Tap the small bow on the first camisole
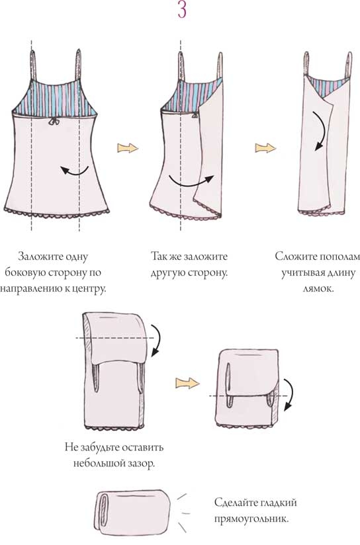click(x=53, y=121)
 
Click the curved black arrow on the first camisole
click(x=74, y=171)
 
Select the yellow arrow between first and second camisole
click(x=128, y=147)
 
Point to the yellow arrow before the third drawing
click(x=265, y=147)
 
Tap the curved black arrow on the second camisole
click(x=191, y=181)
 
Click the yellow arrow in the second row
click(x=187, y=384)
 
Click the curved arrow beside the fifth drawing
click(x=289, y=394)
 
